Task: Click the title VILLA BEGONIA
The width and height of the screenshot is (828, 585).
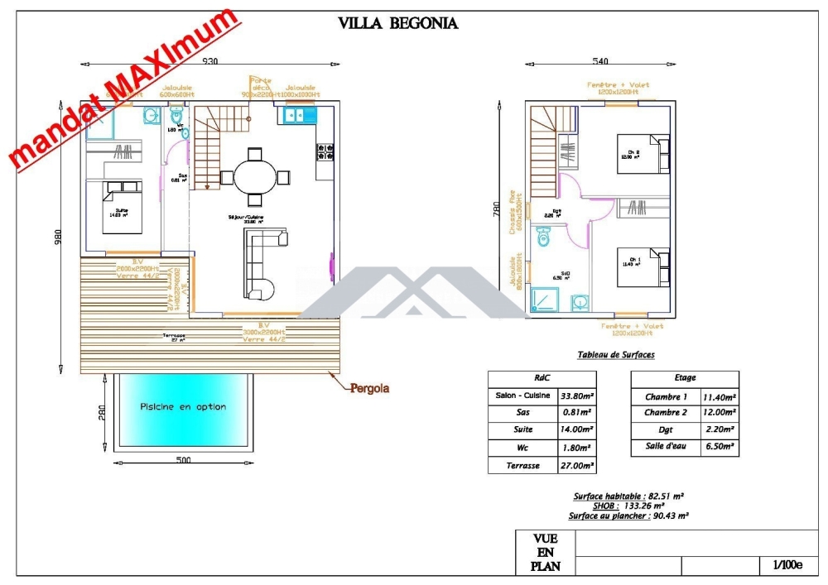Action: pyautogui.click(x=397, y=23)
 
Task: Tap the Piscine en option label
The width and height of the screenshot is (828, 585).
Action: pyautogui.click(x=183, y=407)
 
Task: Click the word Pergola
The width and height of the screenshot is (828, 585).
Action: pyautogui.click(x=369, y=388)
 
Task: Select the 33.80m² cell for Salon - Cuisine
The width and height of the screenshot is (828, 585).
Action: pyautogui.click(x=578, y=396)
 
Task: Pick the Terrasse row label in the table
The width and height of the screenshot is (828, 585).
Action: pyautogui.click(x=523, y=466)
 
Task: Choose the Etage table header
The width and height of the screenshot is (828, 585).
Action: pyautogui.click(x=685, y=378)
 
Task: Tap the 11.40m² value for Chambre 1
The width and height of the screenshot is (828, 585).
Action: pyautogui.click(x=719, y=397)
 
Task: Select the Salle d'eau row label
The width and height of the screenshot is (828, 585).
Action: pyautogui.click(x=667, y=448)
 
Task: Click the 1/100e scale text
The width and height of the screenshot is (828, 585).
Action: pyautogui.click(x=787, y=565)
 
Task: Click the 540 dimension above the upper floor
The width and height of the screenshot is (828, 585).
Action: pyautogui.click(x=600, y=62)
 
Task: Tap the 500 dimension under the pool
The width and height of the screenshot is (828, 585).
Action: pyautogui.click(x=183, y=460)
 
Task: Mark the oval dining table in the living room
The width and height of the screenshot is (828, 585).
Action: pyautogui.click(x=255, y=176)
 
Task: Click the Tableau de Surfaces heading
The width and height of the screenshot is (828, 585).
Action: pyautogui.click(x=615, y=355)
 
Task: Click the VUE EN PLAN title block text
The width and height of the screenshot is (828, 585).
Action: pyautogui.click(x=545, y=553)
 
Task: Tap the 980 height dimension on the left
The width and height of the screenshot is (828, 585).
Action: pyautogui.click(x=58, y=237)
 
